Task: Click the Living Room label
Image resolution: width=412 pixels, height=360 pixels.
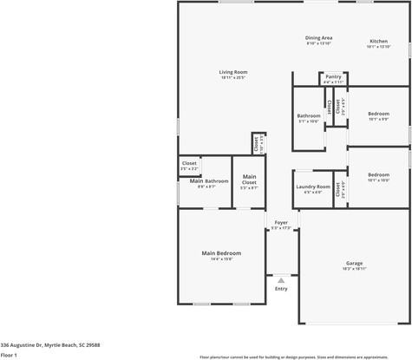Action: point(232,72)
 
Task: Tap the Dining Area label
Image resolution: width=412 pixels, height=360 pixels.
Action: point(318,37)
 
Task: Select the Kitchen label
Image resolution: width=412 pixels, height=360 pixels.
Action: point(378,41)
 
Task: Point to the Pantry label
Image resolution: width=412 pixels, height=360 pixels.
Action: point(333,76)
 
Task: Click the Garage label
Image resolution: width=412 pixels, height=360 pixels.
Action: point(354,262)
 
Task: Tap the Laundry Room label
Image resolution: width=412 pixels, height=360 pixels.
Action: point(313,187)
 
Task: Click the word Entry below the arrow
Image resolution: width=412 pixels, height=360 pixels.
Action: point(281,288)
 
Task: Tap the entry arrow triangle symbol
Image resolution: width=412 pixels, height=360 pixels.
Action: point(280,279)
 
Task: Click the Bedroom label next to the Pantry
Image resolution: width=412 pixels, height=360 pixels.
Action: point(378,114)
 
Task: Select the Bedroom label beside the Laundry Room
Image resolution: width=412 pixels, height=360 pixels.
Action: point(378,173)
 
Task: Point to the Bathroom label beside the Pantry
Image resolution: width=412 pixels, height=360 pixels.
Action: point(309,115)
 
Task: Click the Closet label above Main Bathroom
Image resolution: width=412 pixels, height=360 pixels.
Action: point(189,163)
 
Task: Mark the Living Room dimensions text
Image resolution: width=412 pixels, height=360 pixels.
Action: point(232,78)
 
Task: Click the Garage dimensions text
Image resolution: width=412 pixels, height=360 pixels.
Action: point(354,269)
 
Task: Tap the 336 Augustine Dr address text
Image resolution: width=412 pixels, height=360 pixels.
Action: point(50,344)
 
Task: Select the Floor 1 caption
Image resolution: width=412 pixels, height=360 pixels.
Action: point(9,355)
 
